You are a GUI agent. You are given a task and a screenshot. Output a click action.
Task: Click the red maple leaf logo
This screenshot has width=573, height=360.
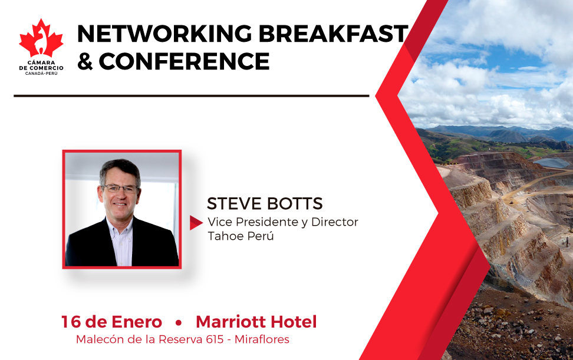click(x=41, y=38)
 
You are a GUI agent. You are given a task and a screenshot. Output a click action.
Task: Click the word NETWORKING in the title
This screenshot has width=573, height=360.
click(x=164, y=34)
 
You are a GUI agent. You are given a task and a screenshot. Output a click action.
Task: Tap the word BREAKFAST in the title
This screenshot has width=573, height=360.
click(x=333, y=34)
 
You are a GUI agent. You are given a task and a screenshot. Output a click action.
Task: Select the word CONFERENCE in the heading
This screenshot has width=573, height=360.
click(x=184, y=61)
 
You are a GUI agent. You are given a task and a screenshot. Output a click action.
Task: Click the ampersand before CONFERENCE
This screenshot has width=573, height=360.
click(x=85, y=61)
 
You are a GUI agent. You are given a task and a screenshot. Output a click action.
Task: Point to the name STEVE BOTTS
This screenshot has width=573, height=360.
click(x=265, y=203)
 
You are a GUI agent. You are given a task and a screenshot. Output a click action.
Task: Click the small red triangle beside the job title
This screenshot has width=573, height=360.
click(x=196, y=223)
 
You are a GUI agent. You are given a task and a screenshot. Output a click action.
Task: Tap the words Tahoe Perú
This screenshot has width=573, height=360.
click(x=241, y=236)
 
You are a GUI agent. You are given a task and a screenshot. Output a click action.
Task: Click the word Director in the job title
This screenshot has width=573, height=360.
click(x=334, y=222)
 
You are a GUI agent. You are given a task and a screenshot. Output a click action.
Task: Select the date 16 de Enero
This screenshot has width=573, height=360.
click(x=111, y=322)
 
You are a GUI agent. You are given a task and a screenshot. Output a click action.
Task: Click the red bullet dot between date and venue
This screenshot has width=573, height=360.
click(x=179, y=323)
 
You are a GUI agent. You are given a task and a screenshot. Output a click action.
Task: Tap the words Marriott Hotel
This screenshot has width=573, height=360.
click(x=256, y=322)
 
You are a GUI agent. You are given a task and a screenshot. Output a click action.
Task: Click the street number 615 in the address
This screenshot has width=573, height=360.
click(x=215, y=339)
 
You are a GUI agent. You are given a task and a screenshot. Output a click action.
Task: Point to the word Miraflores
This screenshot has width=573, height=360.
click(x=262, y=339)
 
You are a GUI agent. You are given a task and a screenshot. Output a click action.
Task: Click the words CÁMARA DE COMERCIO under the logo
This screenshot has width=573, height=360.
click(x=41, y=65)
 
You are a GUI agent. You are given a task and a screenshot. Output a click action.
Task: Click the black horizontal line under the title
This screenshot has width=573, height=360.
click(x=192, y=96)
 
